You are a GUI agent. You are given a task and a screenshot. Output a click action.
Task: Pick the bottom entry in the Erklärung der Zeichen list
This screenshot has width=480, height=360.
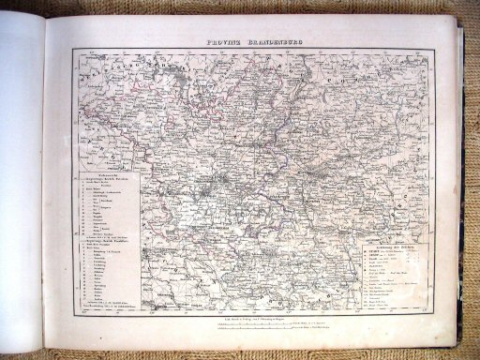386,307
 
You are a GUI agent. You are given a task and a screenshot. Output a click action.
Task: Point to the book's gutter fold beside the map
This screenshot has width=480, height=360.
45,187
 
